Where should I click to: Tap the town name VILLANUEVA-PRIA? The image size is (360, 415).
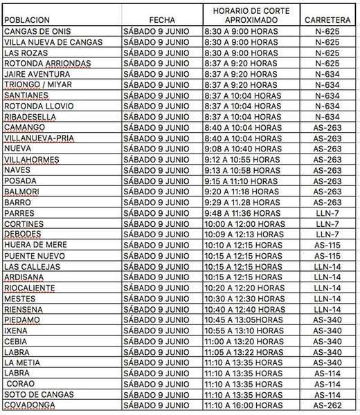(40, 138)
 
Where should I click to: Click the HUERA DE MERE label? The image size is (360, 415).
(36, 245)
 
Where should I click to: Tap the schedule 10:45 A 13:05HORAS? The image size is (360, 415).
(246, 320)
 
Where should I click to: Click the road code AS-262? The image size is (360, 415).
(327, 405)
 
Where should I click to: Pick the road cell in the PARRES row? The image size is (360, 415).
(327, 213)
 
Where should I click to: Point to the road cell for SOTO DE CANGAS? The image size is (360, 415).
(327, 394)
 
